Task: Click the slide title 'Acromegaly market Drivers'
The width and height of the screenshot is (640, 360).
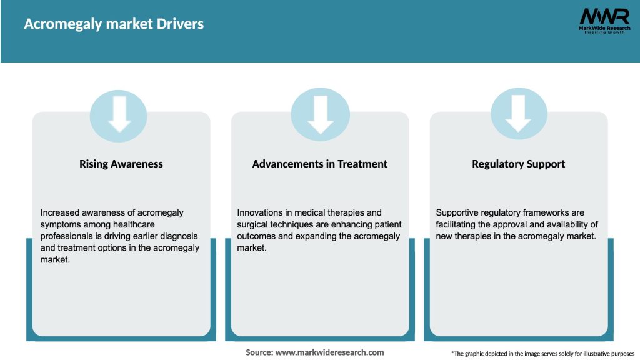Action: (x=114, y=24)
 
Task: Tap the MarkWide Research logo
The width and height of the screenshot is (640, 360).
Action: (x=604, y=21)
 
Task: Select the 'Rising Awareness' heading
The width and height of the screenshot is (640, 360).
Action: (x=121, y=164)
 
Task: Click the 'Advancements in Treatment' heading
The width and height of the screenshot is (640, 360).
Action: (x=319, y=164)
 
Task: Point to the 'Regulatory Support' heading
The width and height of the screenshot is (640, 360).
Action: (x=518, y=164)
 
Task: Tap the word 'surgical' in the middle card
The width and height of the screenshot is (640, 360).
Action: (x=253, y=224)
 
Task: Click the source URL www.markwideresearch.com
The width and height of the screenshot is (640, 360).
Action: (x=329, y=352)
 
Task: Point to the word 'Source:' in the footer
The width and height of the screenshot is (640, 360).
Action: (x=259, y=352)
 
